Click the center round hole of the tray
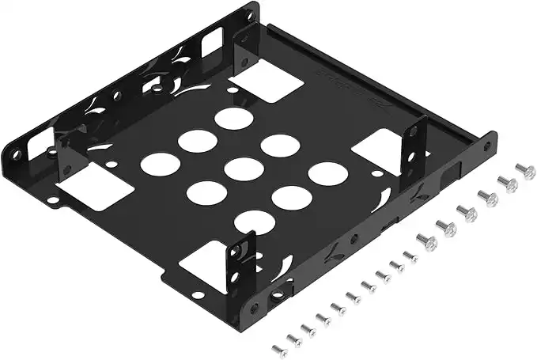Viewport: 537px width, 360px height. click(244, 169)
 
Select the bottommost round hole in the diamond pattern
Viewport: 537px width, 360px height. click(255, 222)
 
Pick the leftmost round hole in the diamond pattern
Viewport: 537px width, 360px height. click(160, 164)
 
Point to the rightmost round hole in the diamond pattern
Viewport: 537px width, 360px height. click(327, 173)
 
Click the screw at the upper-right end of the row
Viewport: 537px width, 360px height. click(525, 171)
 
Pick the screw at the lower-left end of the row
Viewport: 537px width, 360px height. click(278, 349)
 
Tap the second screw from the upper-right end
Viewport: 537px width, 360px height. click(507, 184)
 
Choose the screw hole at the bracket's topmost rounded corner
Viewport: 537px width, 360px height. click(251, 16)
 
